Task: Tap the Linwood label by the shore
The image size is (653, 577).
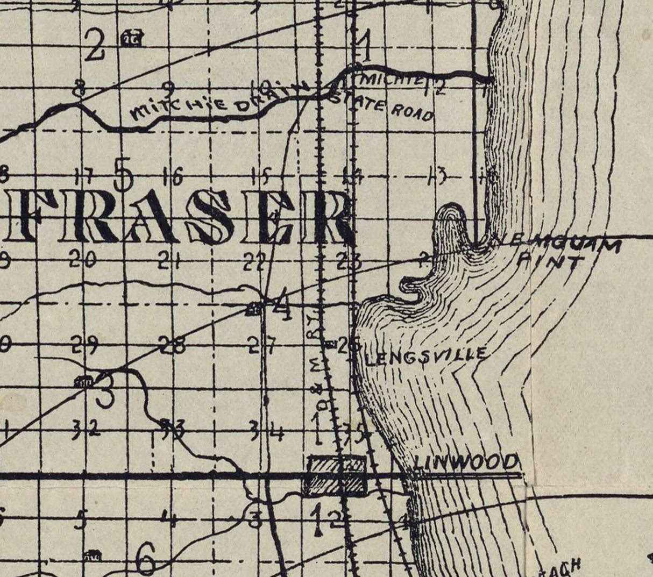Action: pyautogui.click(x=466, y=462)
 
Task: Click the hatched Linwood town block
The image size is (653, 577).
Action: pyautogui.click(x=335, y=475)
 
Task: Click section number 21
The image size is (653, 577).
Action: pyautogui.click(x=169, y=261)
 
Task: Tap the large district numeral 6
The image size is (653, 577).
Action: pyautogui.click(x=146, y=559)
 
